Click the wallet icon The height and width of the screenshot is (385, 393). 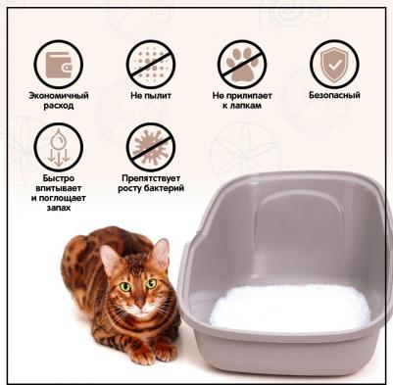[x=59, y=65]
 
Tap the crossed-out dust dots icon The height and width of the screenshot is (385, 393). [x=151, y=65]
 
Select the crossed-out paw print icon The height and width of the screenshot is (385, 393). [x=242, y=65]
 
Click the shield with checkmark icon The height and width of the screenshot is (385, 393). [x=334, y=65]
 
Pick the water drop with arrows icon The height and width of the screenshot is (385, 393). [x=59, y=147]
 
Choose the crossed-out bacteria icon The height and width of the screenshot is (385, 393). [x=151, y=147]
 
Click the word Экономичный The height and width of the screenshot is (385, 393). [x=59, y=96]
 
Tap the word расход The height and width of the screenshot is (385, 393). [x=59, y=106]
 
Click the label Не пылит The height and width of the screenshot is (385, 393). [x=151, y=96]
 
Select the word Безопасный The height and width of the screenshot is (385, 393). [x=334, y=95]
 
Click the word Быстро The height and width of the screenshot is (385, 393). [x=59, y=178]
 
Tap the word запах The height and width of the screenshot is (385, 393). [x=59, y=208]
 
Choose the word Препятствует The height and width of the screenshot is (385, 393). [x=151, y=178]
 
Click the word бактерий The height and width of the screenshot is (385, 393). [x=165, y=188]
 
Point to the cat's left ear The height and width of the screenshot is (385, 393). [x=161, y=254]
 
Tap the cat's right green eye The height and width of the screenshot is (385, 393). [x=125, y=287]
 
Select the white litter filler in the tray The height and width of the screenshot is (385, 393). [x=290, y=308]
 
